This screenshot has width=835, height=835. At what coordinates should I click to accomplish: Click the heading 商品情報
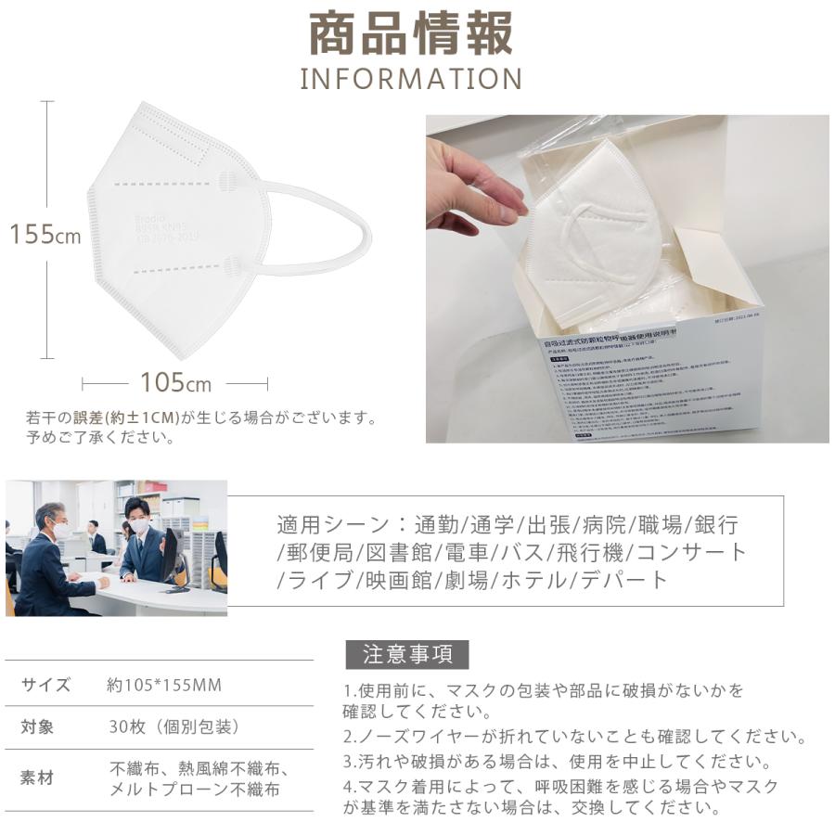coord(410,35)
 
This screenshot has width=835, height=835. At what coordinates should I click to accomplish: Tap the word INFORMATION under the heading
coord(410,78)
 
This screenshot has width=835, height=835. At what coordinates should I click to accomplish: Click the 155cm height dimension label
coord(45,234)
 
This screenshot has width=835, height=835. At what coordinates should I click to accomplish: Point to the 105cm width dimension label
coord(175,382)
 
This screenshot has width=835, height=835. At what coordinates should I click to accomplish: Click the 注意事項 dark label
coord(407,655)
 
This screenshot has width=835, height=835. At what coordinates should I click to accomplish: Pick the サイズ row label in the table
coord(45,685)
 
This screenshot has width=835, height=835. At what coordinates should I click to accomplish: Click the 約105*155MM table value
coord(164,685)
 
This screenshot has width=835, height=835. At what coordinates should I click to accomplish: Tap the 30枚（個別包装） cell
coord(174,727)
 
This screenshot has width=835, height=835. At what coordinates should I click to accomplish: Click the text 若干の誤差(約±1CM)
coord(103,418)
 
